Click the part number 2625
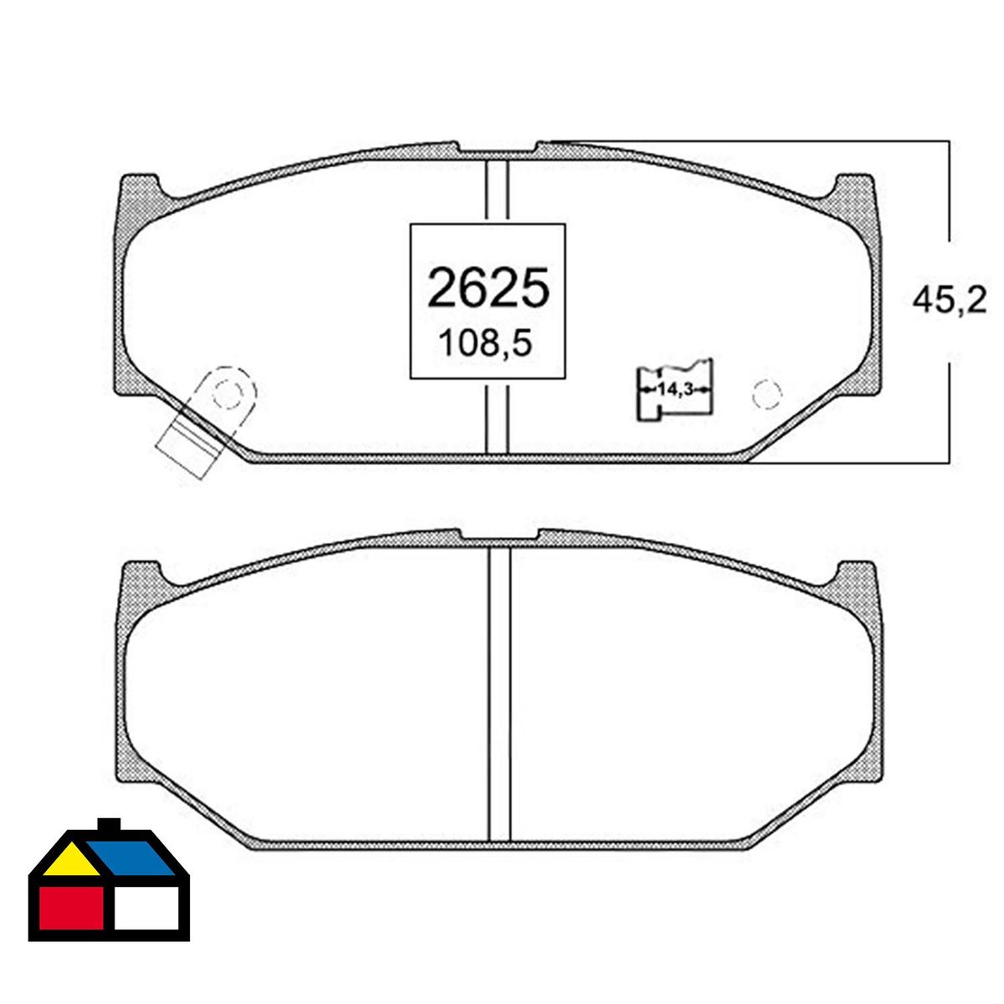(488, 287)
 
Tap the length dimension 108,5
(485, 343)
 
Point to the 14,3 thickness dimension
(675, 389)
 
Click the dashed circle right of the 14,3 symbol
(767, 394)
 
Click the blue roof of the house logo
(131, 858)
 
